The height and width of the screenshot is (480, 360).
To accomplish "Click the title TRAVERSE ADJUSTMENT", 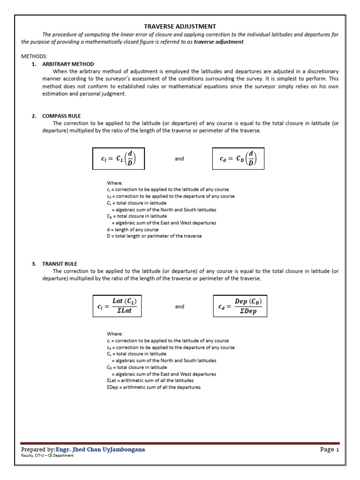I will [x=180, y=27].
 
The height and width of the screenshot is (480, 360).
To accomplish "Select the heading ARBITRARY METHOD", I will [x=68, y=64].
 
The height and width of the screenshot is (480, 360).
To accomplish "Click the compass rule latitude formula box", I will [x=119, y=159].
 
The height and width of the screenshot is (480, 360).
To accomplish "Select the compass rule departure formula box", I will [x=238, y=159].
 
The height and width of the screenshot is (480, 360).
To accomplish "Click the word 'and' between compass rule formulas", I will [x=180, y=159].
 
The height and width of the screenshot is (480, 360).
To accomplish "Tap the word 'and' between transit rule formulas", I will [x=180, y=307].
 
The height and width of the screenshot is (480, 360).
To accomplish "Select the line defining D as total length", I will [x=154, y=236].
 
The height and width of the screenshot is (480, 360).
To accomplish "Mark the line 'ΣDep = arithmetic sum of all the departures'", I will [x=154, y=388].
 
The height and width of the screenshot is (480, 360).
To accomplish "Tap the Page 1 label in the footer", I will [x=330, y=450].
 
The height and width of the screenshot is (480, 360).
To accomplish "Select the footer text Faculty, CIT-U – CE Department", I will [x=47, y=456].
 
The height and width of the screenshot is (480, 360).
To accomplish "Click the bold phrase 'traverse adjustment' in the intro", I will [x=219, y=42].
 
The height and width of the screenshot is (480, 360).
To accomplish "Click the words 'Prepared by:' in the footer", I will [x=38, y=450].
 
